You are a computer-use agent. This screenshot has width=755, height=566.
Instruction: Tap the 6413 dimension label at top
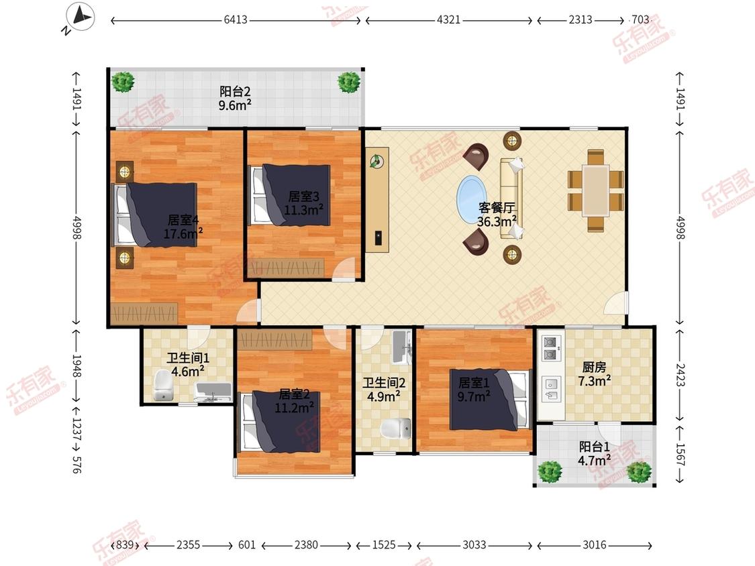[x=236, y=19]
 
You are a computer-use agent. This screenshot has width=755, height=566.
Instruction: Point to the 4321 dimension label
[x=448, y=19]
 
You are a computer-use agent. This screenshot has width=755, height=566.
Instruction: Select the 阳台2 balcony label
[x=235, y=91]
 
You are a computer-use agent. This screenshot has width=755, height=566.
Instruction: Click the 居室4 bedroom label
[x=183, y=220]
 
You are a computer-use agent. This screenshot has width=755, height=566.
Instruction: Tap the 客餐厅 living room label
[x=497, y=207]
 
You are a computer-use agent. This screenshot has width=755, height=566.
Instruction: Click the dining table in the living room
[x=596, y=190]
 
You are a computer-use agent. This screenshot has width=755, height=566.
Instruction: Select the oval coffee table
[x=472, y=199]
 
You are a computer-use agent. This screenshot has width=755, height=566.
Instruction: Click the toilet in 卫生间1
[x=163, y=386]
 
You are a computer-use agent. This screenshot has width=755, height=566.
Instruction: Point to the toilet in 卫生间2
[x=396, y=429]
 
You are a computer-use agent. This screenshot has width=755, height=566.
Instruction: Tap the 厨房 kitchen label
[x=594, y=367]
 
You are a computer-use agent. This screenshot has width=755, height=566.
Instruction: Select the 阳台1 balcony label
[x=594, y=446]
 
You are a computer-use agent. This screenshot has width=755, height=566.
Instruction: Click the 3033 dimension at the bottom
[x=474, y=545]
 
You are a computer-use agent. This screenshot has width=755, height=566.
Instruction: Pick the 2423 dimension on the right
[x=680, y=374]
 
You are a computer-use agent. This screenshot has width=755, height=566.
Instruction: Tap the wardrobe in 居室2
[x=275, y=340]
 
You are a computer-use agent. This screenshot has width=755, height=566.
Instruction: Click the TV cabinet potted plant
[x=377, y=161]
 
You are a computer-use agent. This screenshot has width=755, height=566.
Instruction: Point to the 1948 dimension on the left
[x=76, y=366]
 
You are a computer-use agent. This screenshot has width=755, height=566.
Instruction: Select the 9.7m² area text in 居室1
[x=474, y=396]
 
